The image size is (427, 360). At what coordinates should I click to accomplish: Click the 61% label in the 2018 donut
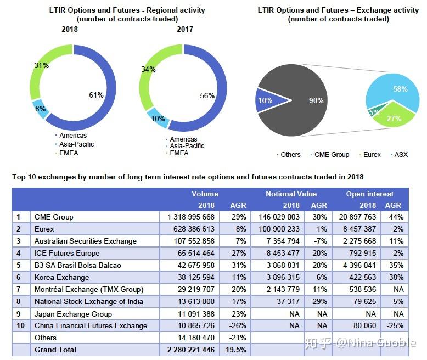point(96,95)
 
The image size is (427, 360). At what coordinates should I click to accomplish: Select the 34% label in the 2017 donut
point(148,70)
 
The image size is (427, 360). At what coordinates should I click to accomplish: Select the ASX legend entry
point(400,155)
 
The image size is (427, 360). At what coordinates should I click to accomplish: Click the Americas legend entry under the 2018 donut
point(73,136)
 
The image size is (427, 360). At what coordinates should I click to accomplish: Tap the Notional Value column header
point(291,194)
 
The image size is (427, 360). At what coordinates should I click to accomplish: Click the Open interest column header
point(369,194)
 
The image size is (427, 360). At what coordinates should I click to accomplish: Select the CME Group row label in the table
point(53,217)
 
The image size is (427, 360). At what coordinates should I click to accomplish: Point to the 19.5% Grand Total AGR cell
point(233,350)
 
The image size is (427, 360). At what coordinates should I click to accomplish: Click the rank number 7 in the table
point(18,289)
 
